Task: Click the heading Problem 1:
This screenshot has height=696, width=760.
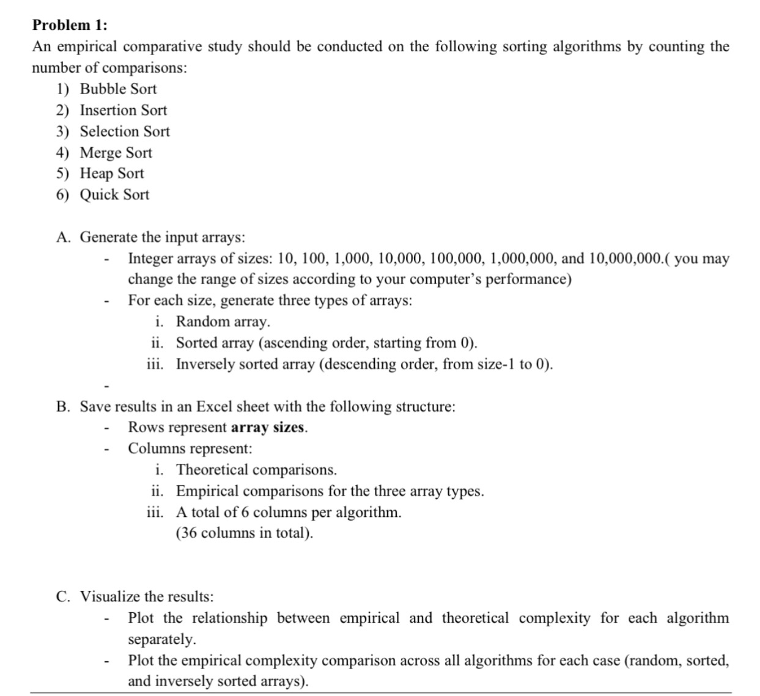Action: [70, 25]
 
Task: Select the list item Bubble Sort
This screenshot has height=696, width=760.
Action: [118, 89]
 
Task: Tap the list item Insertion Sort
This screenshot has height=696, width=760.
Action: [123, 111]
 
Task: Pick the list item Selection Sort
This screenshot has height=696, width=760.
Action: [125, 131]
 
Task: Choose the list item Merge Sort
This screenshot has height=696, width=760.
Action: [116, 153]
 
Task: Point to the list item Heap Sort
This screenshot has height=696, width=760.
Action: [112, 174]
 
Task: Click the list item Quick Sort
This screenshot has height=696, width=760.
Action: [114, 195]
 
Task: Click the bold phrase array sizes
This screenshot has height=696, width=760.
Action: [268, 428]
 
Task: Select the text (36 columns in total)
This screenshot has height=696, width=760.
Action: [245, 533]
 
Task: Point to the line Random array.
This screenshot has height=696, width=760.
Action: [223, 322]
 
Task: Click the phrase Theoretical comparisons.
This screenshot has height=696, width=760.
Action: [256, 470]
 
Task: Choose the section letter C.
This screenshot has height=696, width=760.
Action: [62, 597]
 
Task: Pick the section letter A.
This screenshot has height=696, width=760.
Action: [62, 237]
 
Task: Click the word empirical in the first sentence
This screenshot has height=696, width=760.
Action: [83, 47]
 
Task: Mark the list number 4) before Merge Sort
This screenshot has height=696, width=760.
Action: [63, 153]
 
